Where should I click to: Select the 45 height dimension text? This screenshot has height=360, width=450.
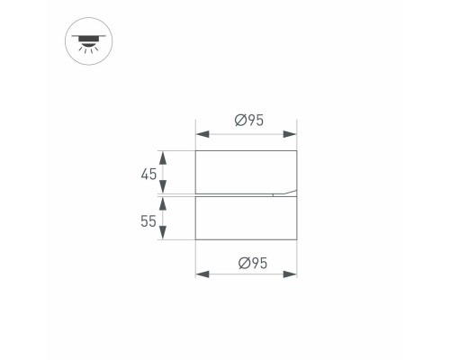click(x=149, y=173)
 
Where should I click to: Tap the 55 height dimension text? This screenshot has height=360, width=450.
click(x=149, y=219)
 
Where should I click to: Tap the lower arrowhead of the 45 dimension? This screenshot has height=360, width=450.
click(x=163, y=189)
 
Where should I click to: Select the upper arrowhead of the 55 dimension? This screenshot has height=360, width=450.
click(x=163, y=201)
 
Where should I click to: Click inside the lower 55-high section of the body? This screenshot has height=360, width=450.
click(x=246, y=219)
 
